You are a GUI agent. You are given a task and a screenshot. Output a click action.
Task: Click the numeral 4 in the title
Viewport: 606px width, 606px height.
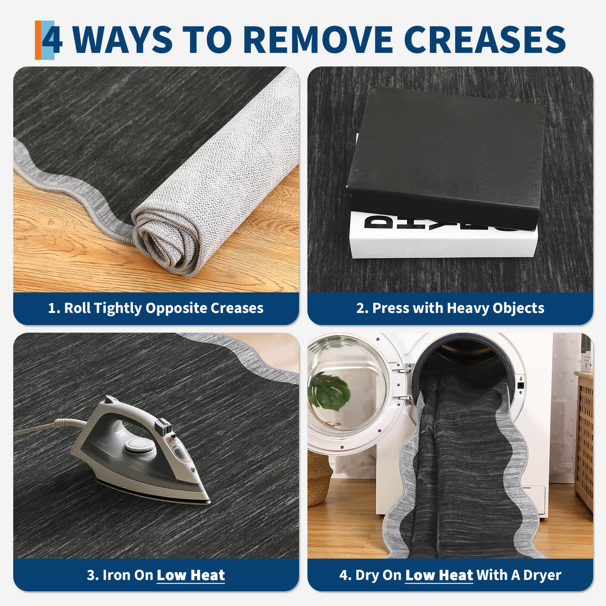coord(52,39)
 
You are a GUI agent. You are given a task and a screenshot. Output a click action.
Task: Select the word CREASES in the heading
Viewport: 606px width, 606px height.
coord(487,39)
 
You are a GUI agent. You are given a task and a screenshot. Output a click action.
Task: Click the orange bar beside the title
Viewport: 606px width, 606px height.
coord(38,40)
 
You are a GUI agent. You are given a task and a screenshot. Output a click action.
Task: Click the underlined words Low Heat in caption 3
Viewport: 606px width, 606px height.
coord(191,575)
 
